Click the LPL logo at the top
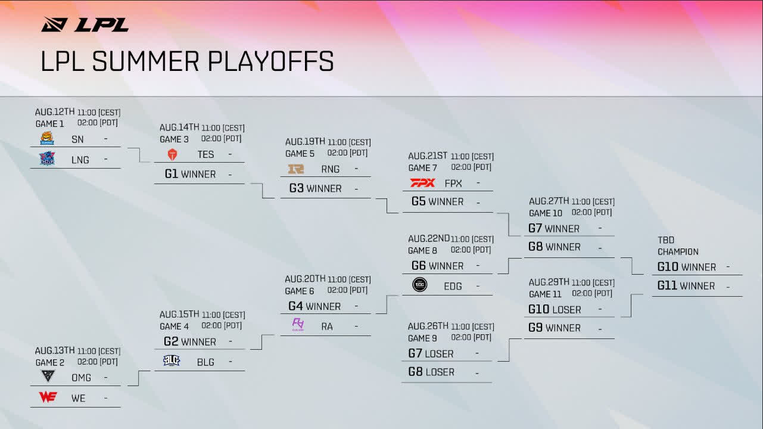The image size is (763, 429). (x=85, y=24)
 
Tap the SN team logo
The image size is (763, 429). (x=47, y=139)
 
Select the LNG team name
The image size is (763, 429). (x=80, y=160)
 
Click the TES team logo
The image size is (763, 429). (x=172, y=154)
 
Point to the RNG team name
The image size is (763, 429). (x=330, y=169)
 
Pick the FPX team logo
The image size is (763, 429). (x=422, y=183)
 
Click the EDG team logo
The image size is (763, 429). (x=420, y=285)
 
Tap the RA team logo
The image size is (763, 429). (x=298, y=325)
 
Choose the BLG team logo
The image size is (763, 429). (x=172, y=360)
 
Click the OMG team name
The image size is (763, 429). (x=82, y=378)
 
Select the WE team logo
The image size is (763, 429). (x=48, y=397)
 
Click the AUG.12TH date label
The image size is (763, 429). (x=55, y=112)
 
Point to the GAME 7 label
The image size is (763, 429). (x=423, y=168)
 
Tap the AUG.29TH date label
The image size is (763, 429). (x=549, y=282)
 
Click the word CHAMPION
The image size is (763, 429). (x=678, y=251)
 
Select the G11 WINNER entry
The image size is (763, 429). (x=686, y=286)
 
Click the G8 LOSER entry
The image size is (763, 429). (x=431, y=372)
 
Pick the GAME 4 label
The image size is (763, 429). (x=174, y=327)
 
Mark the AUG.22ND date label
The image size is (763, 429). (x=429, y=239)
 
